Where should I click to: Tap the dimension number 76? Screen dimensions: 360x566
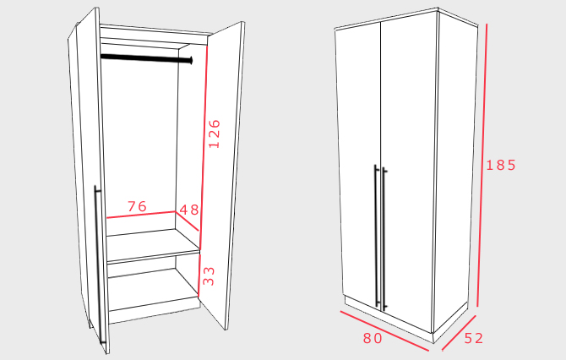(137, 206)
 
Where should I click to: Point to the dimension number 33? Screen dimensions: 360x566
(209, 275)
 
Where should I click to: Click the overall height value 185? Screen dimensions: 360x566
(500, 166)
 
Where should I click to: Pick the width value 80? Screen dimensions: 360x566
(373, 339)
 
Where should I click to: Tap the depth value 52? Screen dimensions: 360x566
(474, 339)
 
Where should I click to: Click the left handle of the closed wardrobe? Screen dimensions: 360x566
(376, 237)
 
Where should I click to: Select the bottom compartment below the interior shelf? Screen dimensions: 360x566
(144, 287)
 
